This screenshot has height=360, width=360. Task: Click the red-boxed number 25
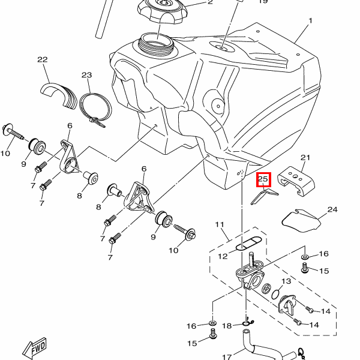(264, 179)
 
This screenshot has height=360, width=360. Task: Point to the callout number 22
(42, 59)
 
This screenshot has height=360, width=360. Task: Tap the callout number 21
(305, 158)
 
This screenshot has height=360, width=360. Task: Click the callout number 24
(332, 210)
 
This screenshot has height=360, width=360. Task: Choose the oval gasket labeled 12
(245, 244)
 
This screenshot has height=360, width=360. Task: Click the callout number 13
(286, 281)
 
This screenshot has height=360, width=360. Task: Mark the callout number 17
(227, 357)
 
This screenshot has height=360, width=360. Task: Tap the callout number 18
(227, 326)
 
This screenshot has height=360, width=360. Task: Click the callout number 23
(86, 75)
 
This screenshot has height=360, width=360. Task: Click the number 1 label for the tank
(311, 21)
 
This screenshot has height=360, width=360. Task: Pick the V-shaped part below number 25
(263, 196)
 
